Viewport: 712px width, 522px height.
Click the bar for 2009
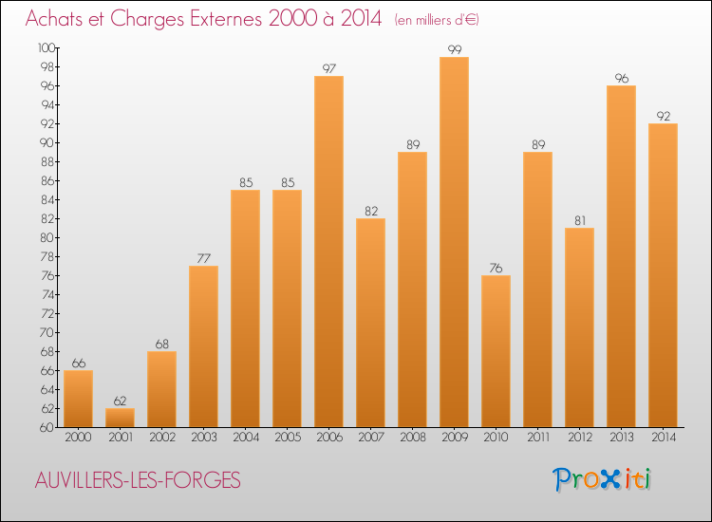[454, 242]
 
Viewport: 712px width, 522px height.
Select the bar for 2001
[120, 418]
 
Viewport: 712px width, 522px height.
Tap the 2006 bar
[328, 252]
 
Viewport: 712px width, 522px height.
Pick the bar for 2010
[496, 351]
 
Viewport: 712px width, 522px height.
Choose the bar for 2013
[621, 256]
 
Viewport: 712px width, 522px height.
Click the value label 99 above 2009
[454, 49]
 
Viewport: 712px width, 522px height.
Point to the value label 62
[120, 401]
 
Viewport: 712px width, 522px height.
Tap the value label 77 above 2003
[203, 258]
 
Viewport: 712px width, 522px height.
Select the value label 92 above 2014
[663, 116]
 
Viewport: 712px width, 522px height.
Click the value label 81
[579, 220]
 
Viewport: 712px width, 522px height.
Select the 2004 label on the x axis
[245, 438]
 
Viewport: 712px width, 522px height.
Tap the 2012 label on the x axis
[579, 438]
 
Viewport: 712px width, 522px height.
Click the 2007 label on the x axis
[370, 438]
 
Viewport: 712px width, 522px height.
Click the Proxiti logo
[604, 479]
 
